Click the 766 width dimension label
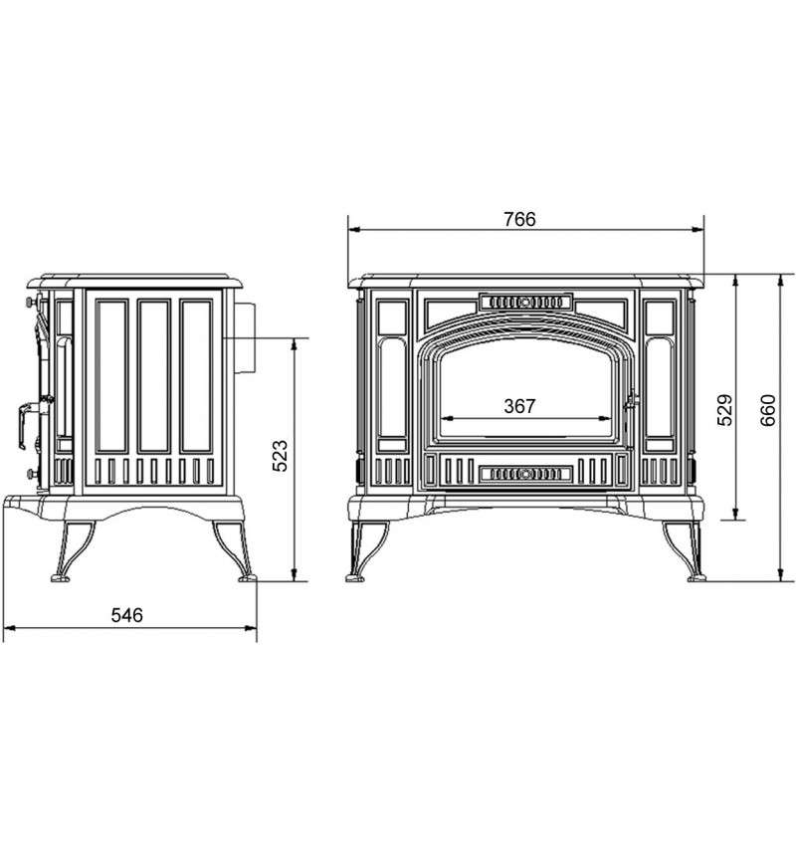(x=519, y=219)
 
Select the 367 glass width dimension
(x=519, y=406)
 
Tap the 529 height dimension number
(x=725, y=410)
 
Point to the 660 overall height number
(x=768, y=410)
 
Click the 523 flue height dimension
(x=280, y=456)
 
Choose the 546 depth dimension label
(x=127, y=615)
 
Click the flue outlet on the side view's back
(x=245, y=337)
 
